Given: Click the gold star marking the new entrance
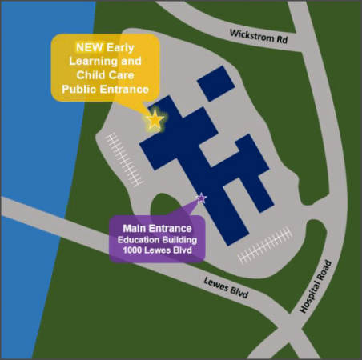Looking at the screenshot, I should coord(155,121).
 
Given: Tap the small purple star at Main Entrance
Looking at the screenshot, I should coord(201,197).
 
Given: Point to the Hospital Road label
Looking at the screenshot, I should coord(314,286).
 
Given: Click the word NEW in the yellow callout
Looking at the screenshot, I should coord(90,47).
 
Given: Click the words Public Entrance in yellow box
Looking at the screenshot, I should coord(105,90).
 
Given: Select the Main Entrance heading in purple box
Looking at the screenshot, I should coord(157,230).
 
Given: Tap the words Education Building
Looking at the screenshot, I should coord(157,241).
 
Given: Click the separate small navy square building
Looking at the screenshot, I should coord(213,82).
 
